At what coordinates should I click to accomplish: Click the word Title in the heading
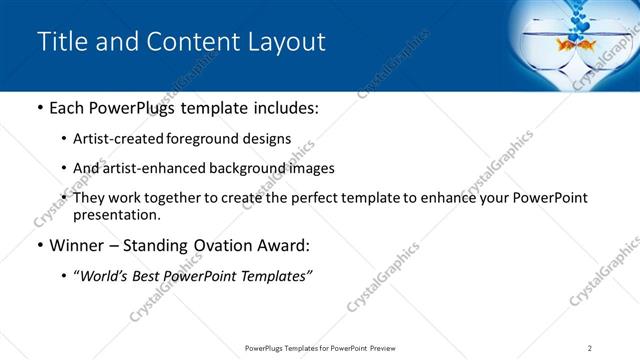coord(59,42)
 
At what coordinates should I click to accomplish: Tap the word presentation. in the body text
coord(116,214)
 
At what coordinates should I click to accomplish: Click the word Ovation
coord(218,246)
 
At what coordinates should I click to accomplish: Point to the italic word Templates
coord(273,276)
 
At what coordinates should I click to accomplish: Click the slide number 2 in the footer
coord(590,347)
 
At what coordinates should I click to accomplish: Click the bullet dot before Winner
coord(39,246)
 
